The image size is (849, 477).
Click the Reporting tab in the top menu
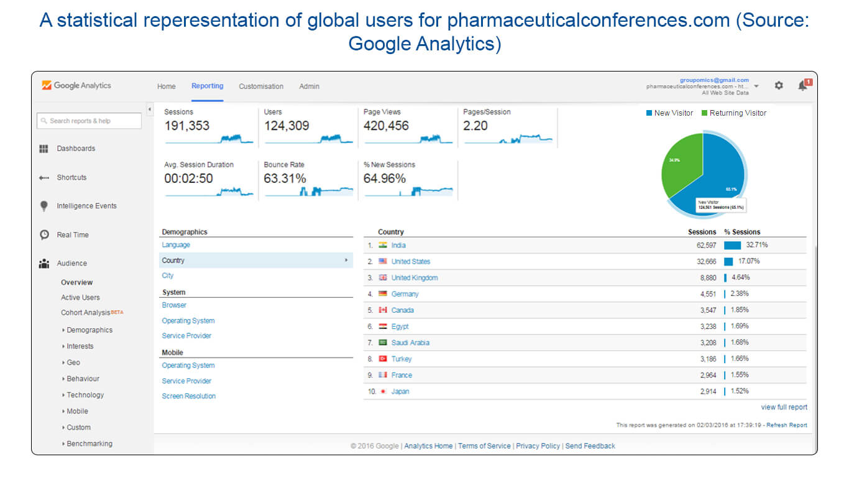[x=207, y=86]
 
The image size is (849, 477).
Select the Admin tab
[x=309, y=86]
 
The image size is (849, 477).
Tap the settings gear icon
[x=779, y=86]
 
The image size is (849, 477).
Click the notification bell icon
[x=802, y=86]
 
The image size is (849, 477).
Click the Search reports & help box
[x=89, y=121]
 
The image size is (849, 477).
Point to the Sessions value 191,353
[x=187, y=126]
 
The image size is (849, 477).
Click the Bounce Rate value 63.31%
[x=285, y=178]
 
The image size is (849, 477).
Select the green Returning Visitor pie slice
[x=681, y=163]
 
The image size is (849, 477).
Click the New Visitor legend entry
[x=669, y=113]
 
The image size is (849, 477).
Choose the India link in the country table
[x=398, y=245]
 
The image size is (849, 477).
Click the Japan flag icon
[x=383, y=391]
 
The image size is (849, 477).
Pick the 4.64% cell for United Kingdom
[x=740, y=277]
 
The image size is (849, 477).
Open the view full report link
[x=784, y=407]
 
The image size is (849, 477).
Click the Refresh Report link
[x=786, y=425]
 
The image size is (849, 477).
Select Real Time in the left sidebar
[x=72, y=235]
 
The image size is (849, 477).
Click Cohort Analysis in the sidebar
[x=86, y=313]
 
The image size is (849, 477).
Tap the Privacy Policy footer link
[x=538, y=446]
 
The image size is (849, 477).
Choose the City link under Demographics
[x=168, y=276]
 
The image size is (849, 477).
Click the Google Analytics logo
[x=76, y=86]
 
